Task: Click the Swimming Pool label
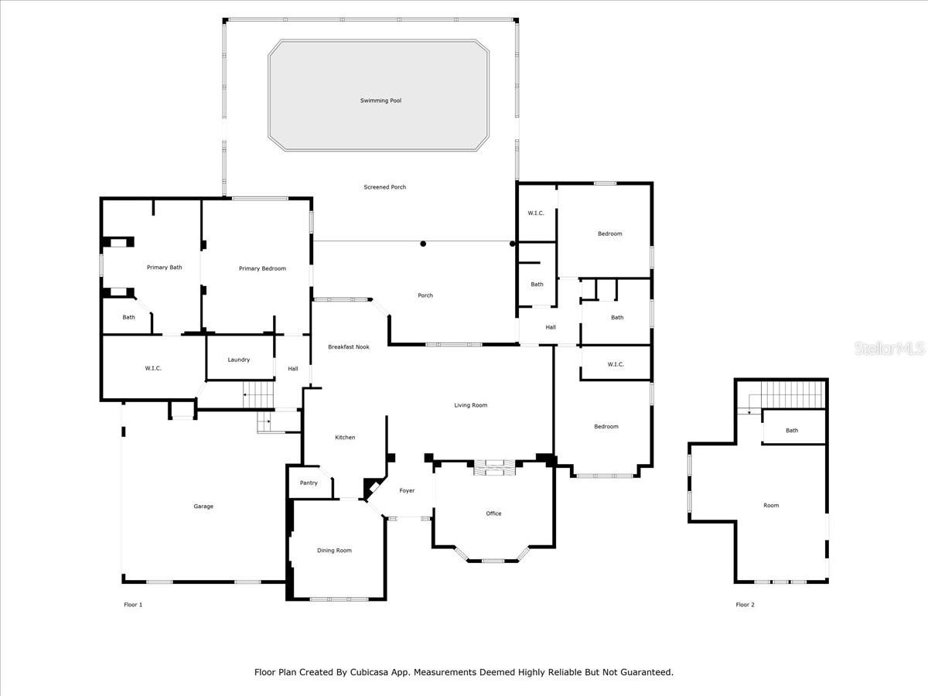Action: pos(380,101)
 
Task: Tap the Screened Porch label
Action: pos(384,187)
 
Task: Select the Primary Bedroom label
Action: pos(262,269)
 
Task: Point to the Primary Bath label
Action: pos(164,268)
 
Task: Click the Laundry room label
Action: pos(238,360)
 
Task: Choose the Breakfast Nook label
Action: pos(348,347)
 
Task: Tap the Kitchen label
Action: pos(345,438)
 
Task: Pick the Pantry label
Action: pos(309,483)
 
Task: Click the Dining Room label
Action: pos(334,550)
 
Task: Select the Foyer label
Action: pos(407,490)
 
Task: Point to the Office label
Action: pos(493,513)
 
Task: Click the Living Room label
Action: pos(470,405)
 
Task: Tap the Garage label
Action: pos(203,507)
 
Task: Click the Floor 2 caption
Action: pos(745,605)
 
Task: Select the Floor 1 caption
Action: pos(133,605)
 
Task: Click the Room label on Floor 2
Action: pos(771,506)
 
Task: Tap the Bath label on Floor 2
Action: pos(792,431)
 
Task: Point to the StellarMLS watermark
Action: pos(889,349)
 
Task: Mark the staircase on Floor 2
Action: pos(793,395)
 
